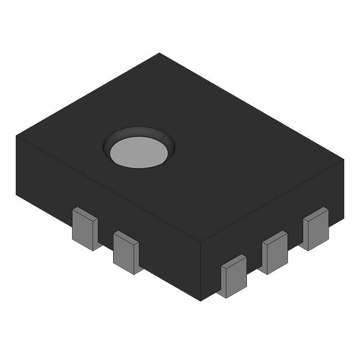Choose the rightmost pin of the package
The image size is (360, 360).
click(316, 230)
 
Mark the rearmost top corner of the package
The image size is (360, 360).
click(160, 53)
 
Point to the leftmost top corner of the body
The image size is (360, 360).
click(16, 136)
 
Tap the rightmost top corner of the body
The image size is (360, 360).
click(343, 160)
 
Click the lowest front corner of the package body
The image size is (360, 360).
click(201, 300)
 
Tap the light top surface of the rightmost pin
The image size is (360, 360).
click(316, 213)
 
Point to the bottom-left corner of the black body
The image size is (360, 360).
click(16, 193)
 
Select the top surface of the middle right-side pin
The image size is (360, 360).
click(275, 237)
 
